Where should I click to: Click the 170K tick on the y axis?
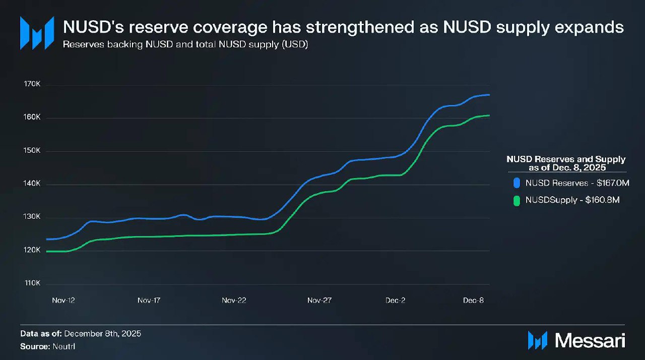(32, 85)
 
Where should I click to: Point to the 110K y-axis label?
(32, 283)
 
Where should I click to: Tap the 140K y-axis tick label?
(32, 184)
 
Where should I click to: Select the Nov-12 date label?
(63, 301)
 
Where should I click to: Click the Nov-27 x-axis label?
(319, 301)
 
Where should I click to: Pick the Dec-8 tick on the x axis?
(474, 301)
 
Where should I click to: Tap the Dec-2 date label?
(396, 301)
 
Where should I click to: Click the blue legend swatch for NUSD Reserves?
(516, 183)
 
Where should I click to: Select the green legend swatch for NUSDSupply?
(516, 200)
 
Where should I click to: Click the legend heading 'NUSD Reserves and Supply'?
(566, 159)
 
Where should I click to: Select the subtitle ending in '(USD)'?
(185, 45)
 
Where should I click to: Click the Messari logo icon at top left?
(37, 33)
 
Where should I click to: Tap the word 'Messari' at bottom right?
(590, 340)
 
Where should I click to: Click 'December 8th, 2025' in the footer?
(103, 334)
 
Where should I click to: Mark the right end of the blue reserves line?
(489, 95)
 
